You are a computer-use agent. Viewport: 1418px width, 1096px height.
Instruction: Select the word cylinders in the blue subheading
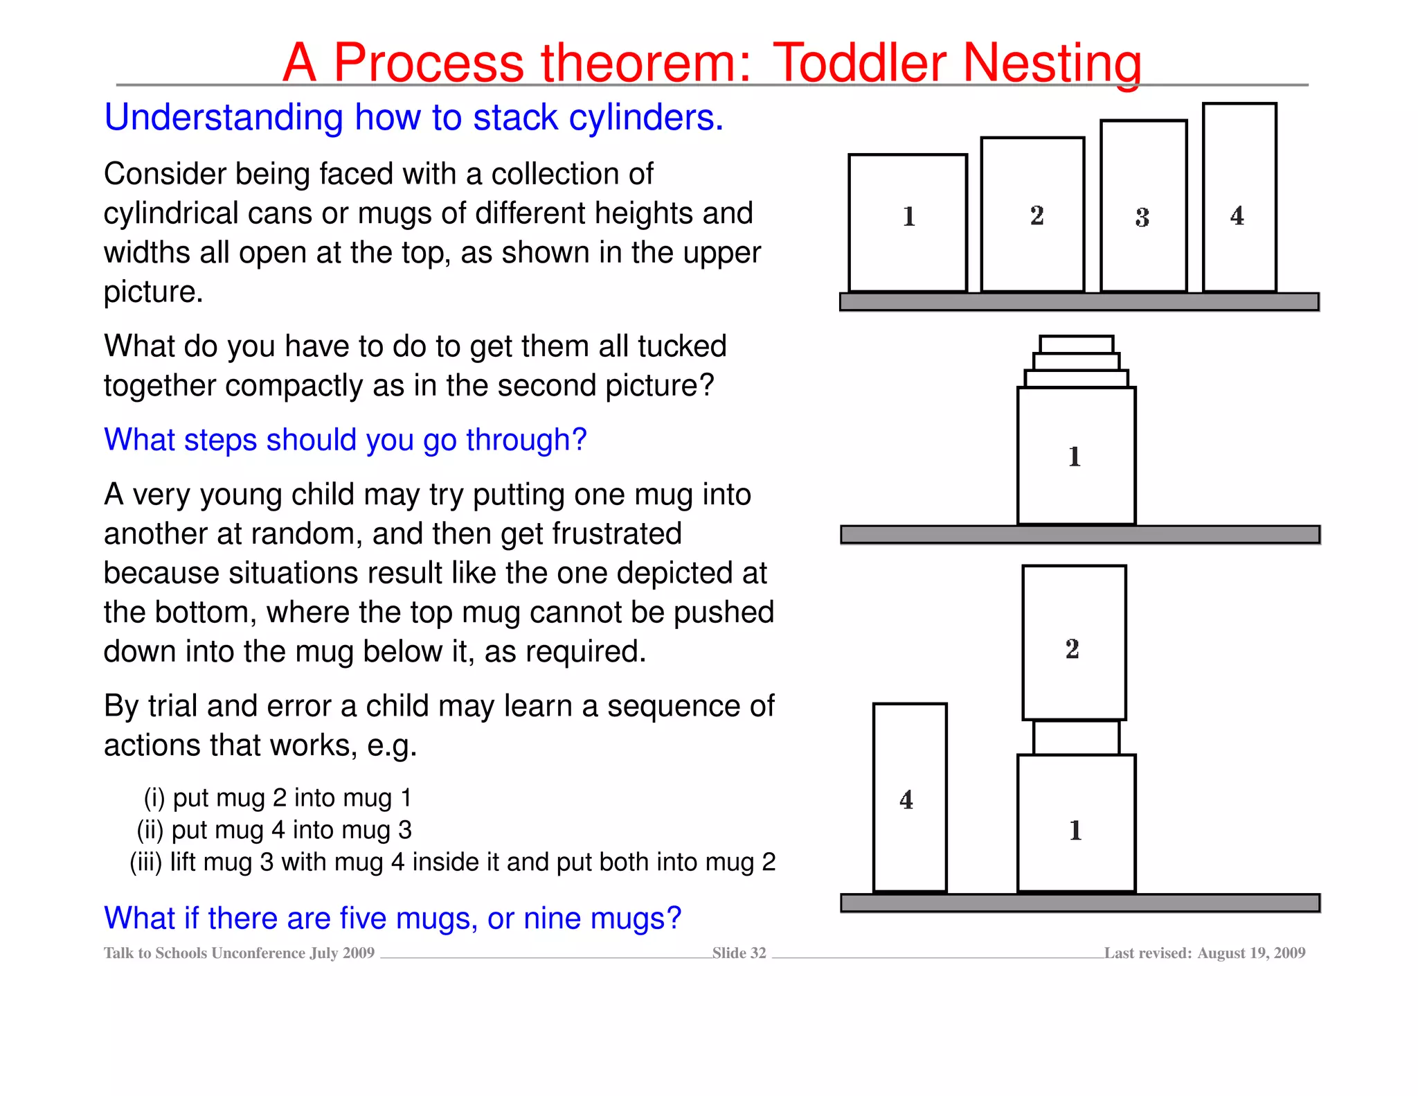tap(645, 117)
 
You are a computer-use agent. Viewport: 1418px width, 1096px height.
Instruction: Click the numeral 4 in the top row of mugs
tap(1237, 215)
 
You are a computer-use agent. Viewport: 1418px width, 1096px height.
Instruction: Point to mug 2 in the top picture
tap(1032, 215)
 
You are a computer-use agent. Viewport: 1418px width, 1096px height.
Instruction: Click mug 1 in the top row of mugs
tap(908, 223)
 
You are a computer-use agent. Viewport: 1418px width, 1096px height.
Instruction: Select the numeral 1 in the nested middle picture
tap(1075, 457)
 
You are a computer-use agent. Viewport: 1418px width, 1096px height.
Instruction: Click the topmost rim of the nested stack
tap(1077, 344)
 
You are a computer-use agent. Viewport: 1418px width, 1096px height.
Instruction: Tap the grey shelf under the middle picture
tap(1080, 534)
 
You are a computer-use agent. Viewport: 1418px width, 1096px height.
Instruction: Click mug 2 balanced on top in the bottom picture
tap(1074, 643)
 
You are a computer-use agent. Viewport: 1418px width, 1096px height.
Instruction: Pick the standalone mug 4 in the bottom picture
tap(910, 797)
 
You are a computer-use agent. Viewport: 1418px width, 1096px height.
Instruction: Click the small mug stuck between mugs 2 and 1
tap(1076, 737)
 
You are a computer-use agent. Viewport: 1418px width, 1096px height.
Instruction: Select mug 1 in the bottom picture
tap(1076, 823)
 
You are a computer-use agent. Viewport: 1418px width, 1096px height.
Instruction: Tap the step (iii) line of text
tap(453, 862)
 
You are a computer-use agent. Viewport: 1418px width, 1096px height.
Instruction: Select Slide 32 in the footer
tap(739, 953)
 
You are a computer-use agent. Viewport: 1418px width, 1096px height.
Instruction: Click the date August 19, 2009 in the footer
tap(1251, 953)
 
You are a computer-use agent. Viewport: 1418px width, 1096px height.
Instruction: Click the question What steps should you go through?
tap(345, 440)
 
